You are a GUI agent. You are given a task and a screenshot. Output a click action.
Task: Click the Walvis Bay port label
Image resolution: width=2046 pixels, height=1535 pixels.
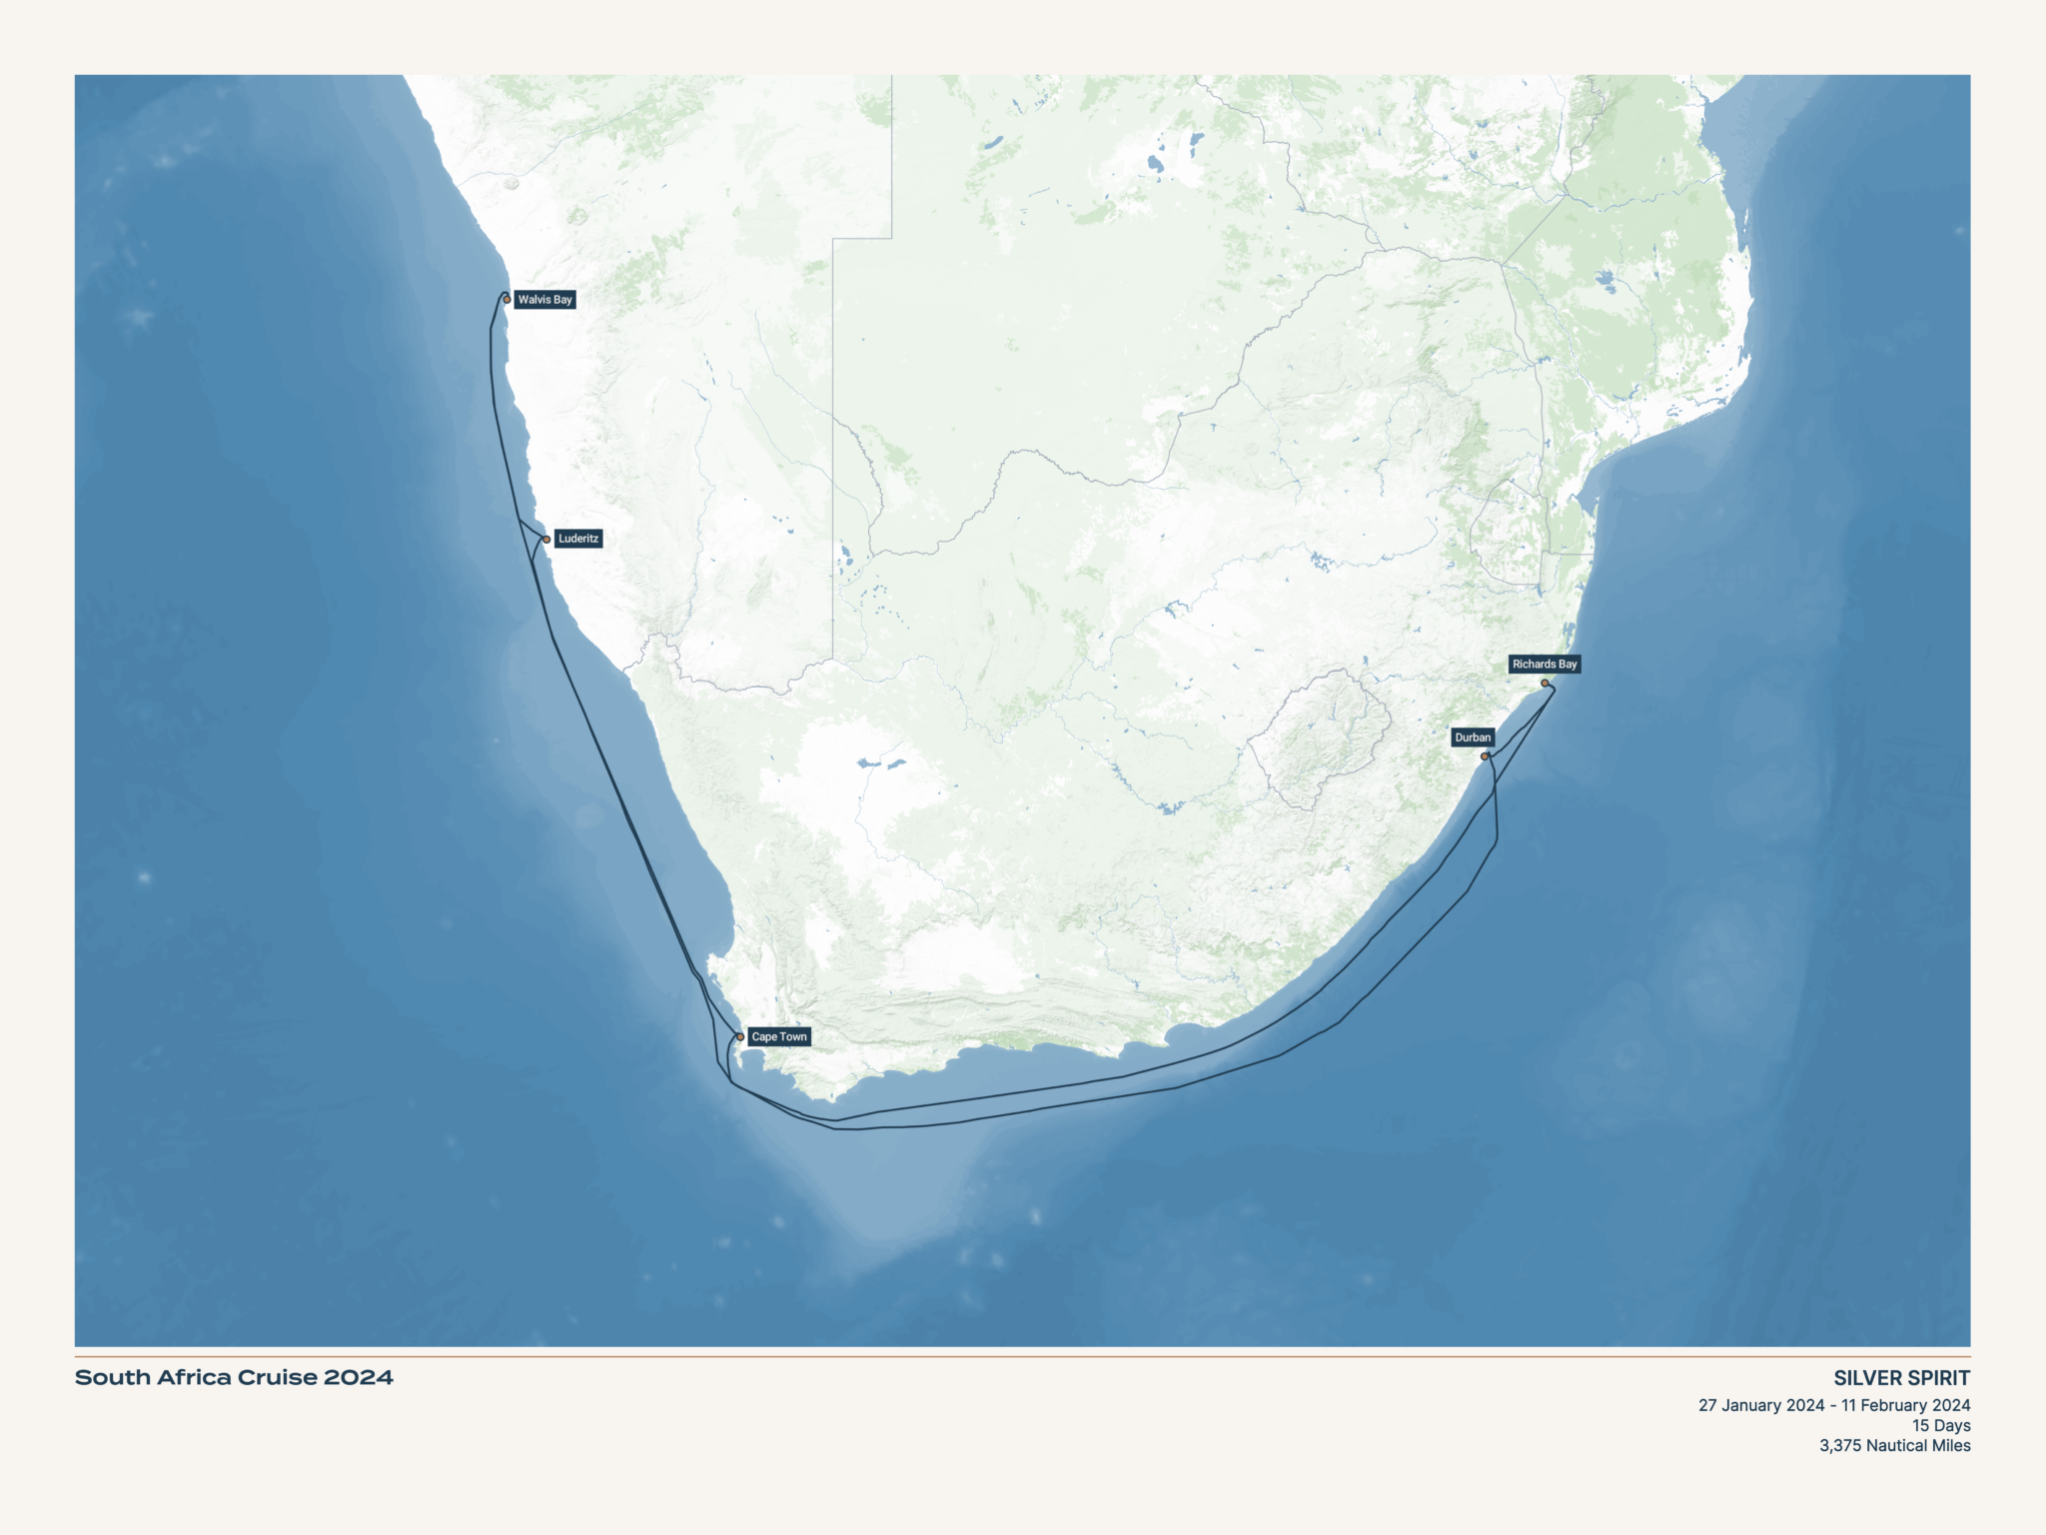tap(544, 300)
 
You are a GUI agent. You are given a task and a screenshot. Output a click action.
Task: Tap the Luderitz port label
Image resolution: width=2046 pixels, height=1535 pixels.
tap(578, 539)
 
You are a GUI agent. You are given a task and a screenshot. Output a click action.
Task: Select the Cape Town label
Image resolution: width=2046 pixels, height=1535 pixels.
tap(778, 1037)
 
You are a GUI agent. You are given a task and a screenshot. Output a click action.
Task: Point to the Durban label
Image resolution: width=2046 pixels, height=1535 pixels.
tap(1473, 738)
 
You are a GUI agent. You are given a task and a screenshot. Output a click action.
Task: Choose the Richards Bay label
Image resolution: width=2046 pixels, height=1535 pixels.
tap(1544, 665)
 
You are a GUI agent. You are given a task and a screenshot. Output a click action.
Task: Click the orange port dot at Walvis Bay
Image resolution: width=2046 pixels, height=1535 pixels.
tap(507, 300)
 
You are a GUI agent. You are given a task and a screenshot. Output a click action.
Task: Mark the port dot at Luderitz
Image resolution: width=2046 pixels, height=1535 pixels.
tap(546, 540)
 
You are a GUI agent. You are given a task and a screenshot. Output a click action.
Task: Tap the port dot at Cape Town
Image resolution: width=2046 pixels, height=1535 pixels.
tap(740, 1037)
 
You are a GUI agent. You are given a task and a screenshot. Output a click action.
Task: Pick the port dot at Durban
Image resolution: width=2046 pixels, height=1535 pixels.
tap(1485, 757)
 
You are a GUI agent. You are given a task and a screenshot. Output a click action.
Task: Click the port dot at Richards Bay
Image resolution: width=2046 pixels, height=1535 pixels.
tap(1544, 684)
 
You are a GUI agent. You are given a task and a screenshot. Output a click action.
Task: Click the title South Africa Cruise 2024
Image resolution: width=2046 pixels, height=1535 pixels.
tap(234, 1378)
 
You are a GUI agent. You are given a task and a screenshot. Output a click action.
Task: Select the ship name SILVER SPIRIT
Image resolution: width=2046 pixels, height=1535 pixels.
tap(1901, 1378)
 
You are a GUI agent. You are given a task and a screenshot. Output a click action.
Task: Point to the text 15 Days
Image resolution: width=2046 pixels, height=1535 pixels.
tap(1941, 1426)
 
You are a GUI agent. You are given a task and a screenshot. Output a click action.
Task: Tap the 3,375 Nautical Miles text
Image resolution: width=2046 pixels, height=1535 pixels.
tap(1894, 1446)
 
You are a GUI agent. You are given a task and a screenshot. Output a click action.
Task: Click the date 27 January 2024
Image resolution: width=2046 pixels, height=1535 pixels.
tap(1761, 1406)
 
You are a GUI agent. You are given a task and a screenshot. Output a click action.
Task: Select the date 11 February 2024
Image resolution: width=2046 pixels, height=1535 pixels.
tap(1905, 1406)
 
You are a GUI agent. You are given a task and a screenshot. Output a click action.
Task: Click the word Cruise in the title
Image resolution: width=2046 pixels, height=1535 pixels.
tap(277, 1378)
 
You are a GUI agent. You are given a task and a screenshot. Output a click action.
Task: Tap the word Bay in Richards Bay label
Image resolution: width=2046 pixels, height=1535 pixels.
tap(1566, 665)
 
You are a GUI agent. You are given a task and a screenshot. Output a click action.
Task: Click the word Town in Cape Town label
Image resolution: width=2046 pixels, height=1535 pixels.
tap(793, 1037)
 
